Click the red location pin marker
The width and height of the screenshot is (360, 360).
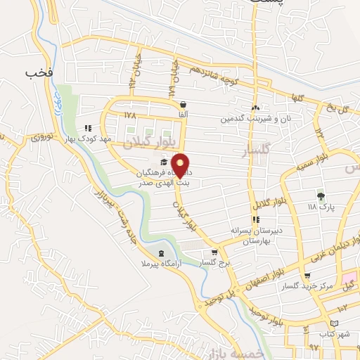pyautogui.click(x=181, y=165)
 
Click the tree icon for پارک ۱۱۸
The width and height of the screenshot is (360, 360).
pyautogui.click(x=321, y=197)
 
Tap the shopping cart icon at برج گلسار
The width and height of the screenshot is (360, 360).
pyautogui.click(x=215, y=252)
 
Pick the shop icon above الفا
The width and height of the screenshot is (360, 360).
pyautogui.click(x=183, y=105)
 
